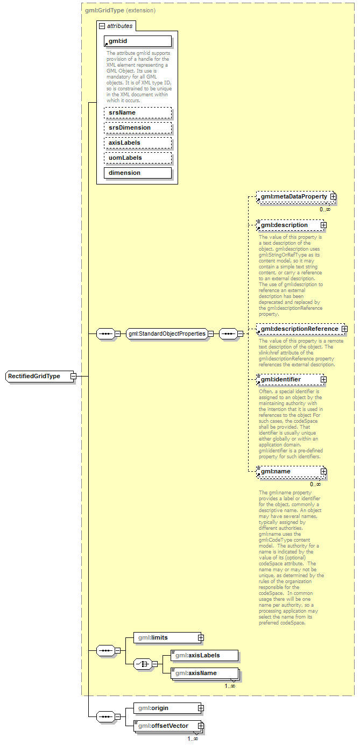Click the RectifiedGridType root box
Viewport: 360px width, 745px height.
[x=37, y=376]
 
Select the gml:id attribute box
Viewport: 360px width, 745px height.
[x=137, y=41]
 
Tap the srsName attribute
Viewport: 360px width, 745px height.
[x=137, y=112]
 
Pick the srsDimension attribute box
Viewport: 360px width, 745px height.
[x=137, y=127]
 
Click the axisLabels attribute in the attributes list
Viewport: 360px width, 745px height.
[x=137, y=143]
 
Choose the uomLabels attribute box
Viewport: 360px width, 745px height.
[x=137, y=158]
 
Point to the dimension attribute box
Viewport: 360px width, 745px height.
[x=137, y=173]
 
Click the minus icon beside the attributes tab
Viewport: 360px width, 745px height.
[x=101, y=26]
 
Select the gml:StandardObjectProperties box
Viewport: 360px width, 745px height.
[x=167, y=334]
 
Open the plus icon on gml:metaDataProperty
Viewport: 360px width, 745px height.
[x=333, y=197]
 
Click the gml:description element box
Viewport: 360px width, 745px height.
[x=288, y=225]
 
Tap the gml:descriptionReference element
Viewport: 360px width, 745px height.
[x=299, y=329]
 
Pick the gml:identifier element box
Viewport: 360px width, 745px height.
[x=288, y=380]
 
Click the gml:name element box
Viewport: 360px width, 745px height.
[x=288, y=472]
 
